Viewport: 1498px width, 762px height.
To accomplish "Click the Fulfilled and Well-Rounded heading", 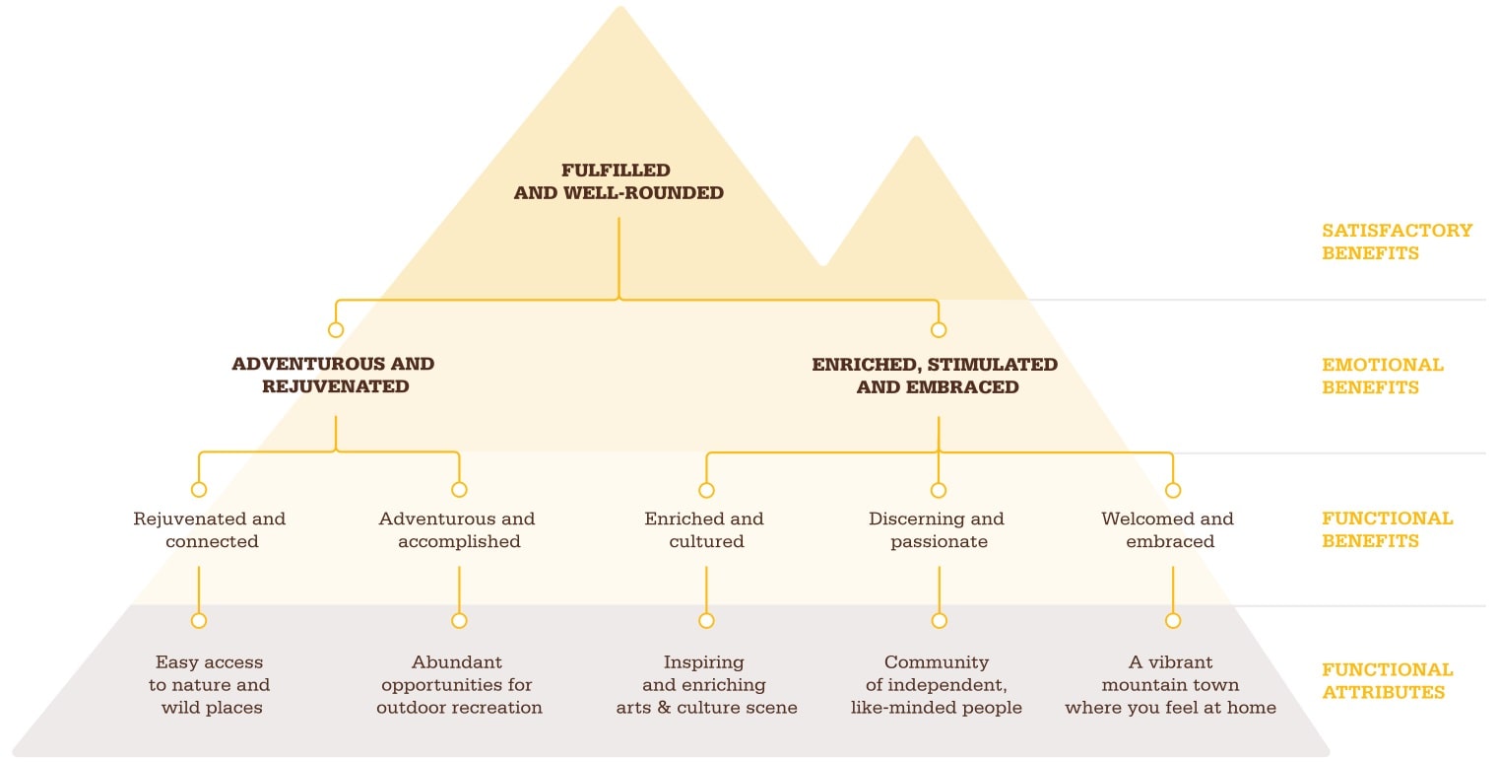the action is [619, 181].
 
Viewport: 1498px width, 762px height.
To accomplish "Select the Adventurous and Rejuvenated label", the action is [334, 375].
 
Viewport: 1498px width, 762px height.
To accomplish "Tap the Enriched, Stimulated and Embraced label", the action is [936, 376].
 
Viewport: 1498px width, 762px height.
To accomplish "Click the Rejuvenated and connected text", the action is [210, 529].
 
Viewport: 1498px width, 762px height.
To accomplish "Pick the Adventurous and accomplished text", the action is [457, 529].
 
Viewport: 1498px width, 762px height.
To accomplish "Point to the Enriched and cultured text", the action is [705, 529].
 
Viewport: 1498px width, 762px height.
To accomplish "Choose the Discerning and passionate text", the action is [937, 529].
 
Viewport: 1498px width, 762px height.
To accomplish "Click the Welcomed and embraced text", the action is [1168, 529].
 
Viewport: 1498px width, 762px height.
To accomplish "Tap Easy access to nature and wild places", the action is [210, 684].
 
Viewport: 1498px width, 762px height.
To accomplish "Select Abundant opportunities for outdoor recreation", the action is [459, 684].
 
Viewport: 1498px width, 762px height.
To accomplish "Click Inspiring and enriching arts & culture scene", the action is [707, 684].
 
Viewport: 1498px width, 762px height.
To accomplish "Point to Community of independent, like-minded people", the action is [937, 684].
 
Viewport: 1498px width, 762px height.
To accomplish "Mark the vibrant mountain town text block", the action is [1171, 684].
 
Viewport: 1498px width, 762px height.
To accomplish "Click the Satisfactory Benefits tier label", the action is [1397, 242].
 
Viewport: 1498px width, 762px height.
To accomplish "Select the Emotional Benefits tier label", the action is [1383, 376].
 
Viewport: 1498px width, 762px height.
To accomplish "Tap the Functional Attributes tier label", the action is [1388, 681].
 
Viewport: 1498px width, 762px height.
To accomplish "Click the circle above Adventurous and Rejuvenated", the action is [336, 330].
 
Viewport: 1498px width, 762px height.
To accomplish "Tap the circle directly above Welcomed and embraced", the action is [1173, 491].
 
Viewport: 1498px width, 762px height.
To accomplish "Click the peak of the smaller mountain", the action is [916, 137].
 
